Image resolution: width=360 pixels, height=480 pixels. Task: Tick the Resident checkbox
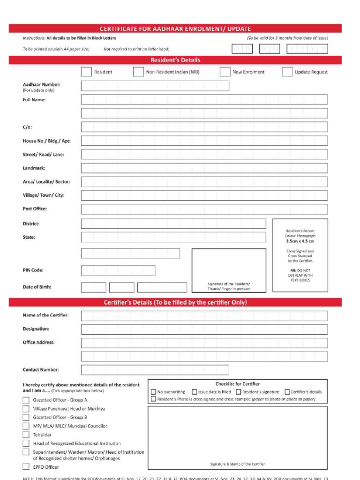(x=86, y=72)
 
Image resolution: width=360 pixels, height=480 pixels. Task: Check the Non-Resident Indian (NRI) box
(x=138, y=72)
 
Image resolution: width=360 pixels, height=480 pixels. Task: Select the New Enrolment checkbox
(x=225, y=72)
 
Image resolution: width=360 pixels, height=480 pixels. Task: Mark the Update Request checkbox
(x=287, y=72)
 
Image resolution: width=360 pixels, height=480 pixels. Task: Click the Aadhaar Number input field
(x=155, y=86)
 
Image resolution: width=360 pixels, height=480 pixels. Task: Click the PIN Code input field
(x=118, y=270)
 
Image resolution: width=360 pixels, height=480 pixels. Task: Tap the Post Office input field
(x=204, y=209)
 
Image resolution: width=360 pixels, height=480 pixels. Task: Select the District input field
(x=173, y=224)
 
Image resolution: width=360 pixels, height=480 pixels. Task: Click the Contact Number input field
(x=155, y=370)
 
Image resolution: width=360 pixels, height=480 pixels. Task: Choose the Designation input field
(x=204, y=329)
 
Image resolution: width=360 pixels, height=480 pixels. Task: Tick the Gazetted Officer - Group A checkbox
(x=26, y=400)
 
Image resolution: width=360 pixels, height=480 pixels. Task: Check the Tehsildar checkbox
(x=26, y=435)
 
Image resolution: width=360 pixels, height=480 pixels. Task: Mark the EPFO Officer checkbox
(x=26, y=467)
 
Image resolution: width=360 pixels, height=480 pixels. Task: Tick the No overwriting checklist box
(x=153, y=392)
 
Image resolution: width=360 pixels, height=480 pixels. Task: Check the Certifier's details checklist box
(x=287, y=392)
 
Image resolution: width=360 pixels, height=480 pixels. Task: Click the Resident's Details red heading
(x=175, y=60)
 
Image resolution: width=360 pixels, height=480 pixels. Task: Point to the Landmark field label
(x=34, y=168)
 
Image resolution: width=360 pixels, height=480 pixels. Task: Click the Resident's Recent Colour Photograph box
(x=300, y=255)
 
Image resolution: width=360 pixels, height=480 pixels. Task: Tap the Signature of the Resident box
(x=229, y=270)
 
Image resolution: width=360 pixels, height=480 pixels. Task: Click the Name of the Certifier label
(x=45, y=315)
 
